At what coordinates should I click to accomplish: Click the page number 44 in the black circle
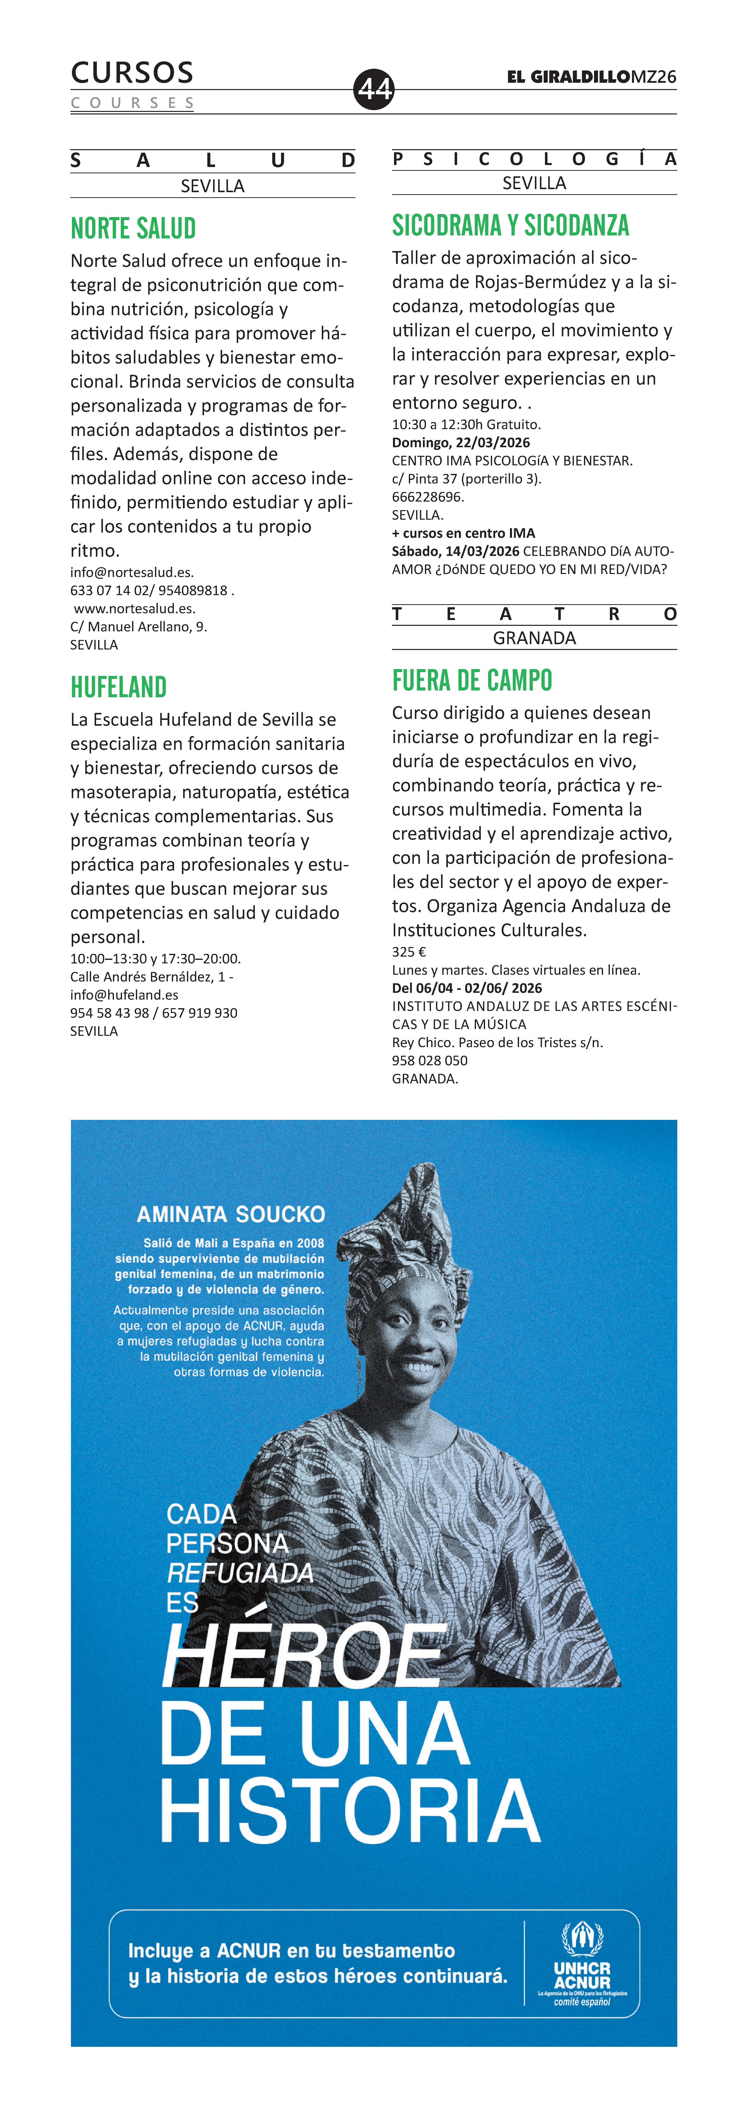tap(374, 88)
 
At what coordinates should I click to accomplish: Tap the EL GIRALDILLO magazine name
tap(569, 77)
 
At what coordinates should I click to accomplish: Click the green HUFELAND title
tap(119, 687)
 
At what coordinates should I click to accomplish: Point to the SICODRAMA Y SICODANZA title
tap(510, 225)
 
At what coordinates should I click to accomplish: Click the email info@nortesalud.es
tap(132, 572)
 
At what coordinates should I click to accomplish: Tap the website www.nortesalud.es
tap(134, 608)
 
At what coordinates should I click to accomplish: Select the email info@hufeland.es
tap(124, 994)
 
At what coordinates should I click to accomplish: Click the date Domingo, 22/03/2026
tap(461, 443)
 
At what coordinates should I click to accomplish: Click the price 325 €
tap(409, 952)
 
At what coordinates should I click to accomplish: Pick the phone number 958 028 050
tap(429, 1060)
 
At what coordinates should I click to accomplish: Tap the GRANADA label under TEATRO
tap(534, 638)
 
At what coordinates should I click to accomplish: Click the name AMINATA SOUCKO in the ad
tap(231, 1214)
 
